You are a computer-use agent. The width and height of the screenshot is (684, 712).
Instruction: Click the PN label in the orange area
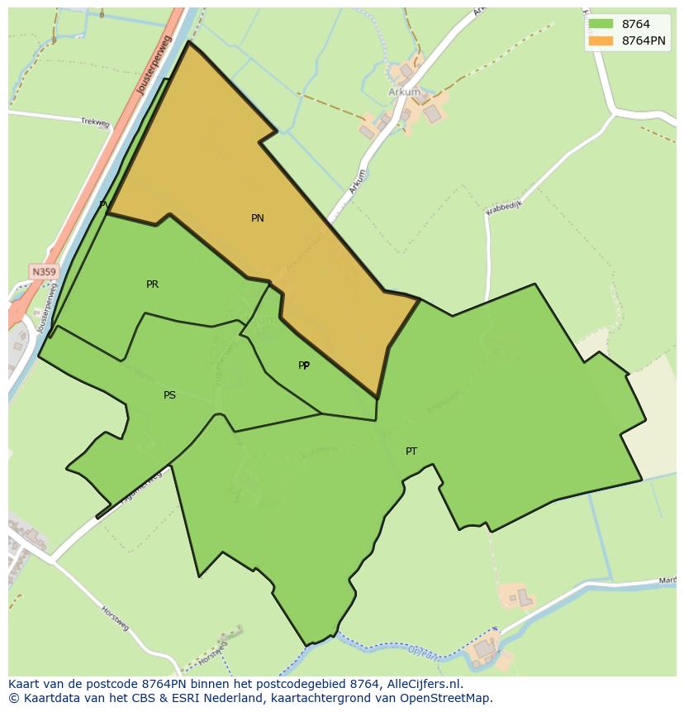[258, 218]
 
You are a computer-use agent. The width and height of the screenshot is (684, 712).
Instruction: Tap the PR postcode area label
[152, 284]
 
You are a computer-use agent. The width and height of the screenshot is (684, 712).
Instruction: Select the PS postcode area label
[169, 395]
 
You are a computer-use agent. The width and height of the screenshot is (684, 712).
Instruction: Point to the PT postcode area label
[411, 452]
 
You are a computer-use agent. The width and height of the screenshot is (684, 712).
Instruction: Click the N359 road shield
[44, 271]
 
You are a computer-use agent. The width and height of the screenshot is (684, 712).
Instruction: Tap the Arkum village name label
[404, 93]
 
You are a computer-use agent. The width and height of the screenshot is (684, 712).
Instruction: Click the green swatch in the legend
[601, 25]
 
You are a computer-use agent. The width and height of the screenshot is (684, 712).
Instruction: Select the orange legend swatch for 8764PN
[601, 41]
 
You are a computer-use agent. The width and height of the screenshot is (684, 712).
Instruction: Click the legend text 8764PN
[644, 41]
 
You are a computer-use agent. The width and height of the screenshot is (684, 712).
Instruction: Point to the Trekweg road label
[95, 122]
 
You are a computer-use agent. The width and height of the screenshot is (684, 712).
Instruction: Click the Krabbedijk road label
[504, 206]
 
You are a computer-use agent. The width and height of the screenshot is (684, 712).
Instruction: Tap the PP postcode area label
[304, 366]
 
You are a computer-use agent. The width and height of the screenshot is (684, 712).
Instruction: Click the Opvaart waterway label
[425, 653]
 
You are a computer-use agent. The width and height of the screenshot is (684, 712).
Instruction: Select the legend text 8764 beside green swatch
[635, 25]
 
